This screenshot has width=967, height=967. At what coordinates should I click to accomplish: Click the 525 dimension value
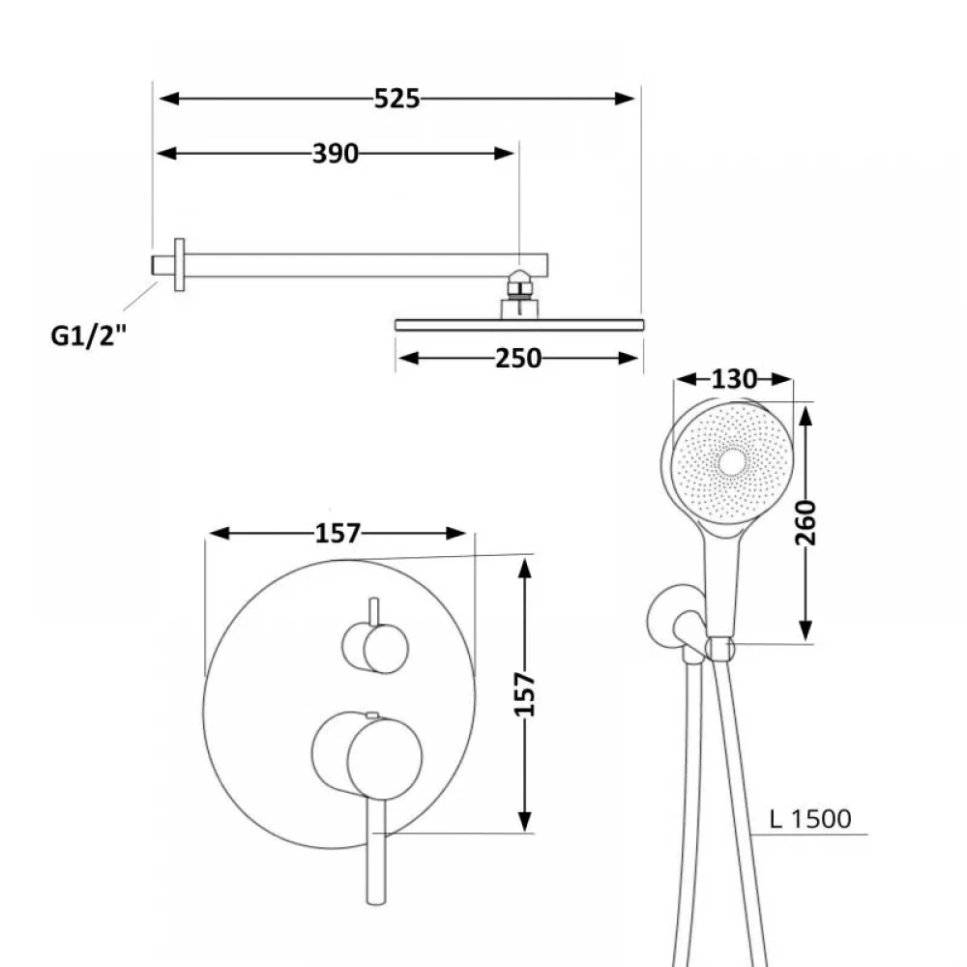click(x=397, y=98)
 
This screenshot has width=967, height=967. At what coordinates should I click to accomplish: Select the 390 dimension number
click(x=335, y=153)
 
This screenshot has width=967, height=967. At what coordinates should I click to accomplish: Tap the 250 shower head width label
click(x=518, y=358)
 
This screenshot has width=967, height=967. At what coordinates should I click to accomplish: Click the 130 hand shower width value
click(x=733, y=380)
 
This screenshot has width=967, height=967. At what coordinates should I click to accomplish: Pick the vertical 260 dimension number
click(x=806, y=522)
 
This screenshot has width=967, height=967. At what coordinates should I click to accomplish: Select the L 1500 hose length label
click(x=810, y=820)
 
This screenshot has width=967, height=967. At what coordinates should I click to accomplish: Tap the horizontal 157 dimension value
click(x=337, y=533)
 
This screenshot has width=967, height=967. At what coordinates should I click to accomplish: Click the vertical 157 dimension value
click(x=525, y=693)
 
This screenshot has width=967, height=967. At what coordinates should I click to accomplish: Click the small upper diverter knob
click(x=374, y=646)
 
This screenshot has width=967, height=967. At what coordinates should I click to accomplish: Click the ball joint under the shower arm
click(x=519, y=282)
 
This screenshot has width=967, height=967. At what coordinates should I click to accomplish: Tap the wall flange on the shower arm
click(x=179, y=264)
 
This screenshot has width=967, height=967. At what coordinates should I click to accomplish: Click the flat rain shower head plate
click(x=518, y=324)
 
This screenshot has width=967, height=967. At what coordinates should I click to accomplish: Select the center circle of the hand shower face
click(x=733, y=463)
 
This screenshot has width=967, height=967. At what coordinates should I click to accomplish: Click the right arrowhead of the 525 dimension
click(x=629, y=98)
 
